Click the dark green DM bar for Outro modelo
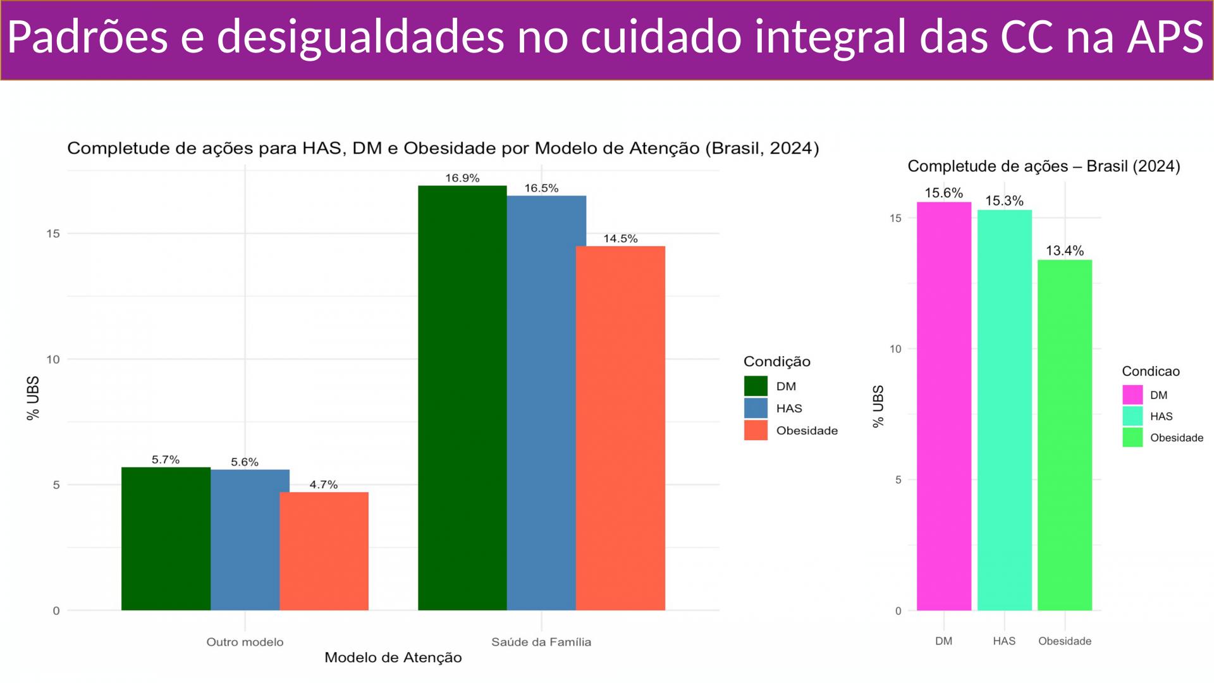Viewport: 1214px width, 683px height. coord(166,538)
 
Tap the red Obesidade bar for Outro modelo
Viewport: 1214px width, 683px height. coord(324,551)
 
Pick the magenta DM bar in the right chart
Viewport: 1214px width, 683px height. coord(943,406)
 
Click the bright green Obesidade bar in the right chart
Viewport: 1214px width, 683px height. coord(1065,435)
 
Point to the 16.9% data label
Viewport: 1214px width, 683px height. coord(462,178)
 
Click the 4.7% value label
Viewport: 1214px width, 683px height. coord(324,485)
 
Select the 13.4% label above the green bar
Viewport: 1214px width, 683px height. coord(1065,251)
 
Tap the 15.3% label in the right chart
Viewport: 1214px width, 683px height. coord(1004,201)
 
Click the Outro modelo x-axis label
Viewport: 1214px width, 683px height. coord(245,642)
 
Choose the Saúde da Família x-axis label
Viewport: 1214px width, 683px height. coord(541,642)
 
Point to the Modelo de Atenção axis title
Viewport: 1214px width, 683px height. coord(393,658)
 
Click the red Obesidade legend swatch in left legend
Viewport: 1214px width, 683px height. coord(756,431)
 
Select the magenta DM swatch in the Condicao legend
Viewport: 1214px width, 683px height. coord(1132,395)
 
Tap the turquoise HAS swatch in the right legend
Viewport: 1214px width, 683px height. coord(1132,416)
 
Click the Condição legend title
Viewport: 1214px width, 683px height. coord(776,362)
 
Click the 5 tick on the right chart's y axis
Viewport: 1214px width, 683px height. coord(897,479)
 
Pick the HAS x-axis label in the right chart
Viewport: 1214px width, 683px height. coord(1004,641)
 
